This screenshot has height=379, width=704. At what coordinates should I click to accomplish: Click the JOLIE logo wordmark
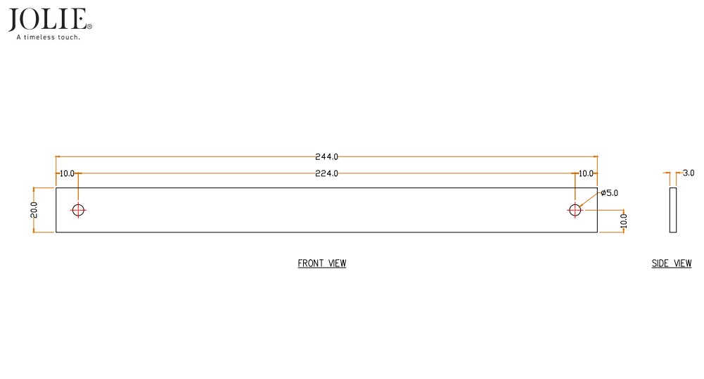(x=48, y=19)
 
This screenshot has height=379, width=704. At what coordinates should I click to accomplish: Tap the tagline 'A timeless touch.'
(x=48, y=37)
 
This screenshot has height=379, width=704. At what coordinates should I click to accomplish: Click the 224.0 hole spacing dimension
(x=326, y=173)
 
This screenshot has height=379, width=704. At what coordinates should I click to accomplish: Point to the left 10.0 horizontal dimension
(x=67, y=173)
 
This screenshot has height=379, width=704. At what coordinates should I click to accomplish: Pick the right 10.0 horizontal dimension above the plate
(x=585, y=173)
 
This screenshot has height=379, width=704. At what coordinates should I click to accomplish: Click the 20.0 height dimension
(x=34, y=210)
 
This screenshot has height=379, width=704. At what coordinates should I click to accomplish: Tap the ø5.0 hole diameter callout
(x=609, y=192)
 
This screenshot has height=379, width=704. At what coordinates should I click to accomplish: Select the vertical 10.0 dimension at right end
(x=623, y=220)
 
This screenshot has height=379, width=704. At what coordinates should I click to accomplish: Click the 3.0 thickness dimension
(x=689, y=173)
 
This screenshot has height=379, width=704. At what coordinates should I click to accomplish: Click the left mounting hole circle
(x=78, y=210)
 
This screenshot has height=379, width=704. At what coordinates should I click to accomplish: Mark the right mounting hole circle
(x=575, y=210)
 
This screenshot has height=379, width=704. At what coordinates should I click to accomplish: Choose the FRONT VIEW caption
(x=322, y=263)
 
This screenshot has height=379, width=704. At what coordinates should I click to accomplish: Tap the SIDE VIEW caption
(x=672, y=263)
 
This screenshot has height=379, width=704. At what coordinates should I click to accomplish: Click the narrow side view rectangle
(x=673, y=210)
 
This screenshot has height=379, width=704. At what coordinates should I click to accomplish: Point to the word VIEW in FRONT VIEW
(x=335, y=263)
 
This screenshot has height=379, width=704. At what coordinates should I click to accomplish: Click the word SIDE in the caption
(x=660, y=263)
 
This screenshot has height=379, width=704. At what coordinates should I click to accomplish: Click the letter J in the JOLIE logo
(x=14, y=20)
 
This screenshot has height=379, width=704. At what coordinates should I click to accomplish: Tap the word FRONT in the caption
(x=310, y=263)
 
